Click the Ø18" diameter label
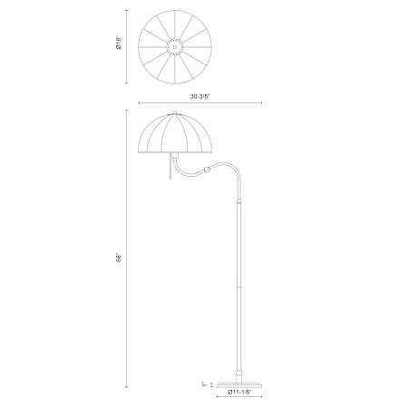coord(119,43)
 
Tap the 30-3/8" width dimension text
coord(199,96)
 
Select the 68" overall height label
coord(119,257)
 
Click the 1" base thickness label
coord(205,384)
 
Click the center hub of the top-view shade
coord(175,47)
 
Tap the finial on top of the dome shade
coord(175,112)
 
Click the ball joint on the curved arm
coord(208,170)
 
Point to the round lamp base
coord(239,384)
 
